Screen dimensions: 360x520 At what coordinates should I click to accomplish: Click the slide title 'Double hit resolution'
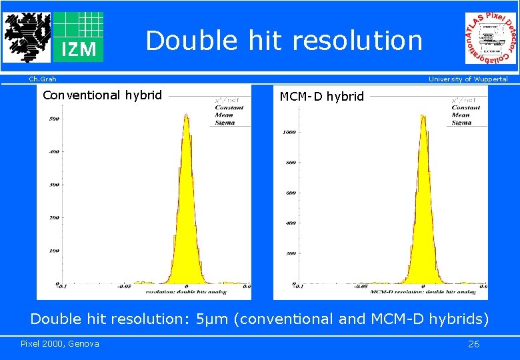pyautogui.click(x=284, y=41)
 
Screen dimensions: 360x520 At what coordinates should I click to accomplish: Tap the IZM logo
pyautogui.click(x=79, y=37)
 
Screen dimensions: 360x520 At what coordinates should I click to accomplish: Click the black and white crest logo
pyautogui.click(x=26, y=37)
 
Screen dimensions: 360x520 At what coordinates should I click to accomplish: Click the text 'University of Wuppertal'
pyautogui.click(x=467, y=79)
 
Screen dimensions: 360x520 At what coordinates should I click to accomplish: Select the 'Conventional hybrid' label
pyautogui.click(x=102, y=95)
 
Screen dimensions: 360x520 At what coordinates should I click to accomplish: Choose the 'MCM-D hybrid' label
pyautogui.click(x=321, y=97)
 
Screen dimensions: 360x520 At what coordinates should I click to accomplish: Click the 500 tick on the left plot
pyautogui.click(x=54, y=119)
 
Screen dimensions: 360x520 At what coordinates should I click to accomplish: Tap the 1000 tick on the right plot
pyautogui.click(x=289, y=132)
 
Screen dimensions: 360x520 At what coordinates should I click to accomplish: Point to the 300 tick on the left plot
pyautogui.click(x=54, y=185)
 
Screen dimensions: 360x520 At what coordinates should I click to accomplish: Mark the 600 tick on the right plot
pyautogui.click(x=291, y=193)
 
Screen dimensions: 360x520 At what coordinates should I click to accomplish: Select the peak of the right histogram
pyautogui.click(x=423, y=117)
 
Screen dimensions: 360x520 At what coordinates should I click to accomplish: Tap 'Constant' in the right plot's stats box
pyautogui.click(x=465, y=107)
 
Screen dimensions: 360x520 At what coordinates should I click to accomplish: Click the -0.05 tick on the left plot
pyautogui.click(x=124, y=287)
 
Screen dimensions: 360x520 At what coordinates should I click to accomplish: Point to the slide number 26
pyautogui.click(x=473, y=344)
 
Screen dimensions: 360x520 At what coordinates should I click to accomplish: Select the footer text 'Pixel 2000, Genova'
pyautogui.click(x=59, y=344)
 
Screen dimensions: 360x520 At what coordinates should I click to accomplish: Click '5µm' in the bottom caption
pyautogui.click(x=212, y=319)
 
